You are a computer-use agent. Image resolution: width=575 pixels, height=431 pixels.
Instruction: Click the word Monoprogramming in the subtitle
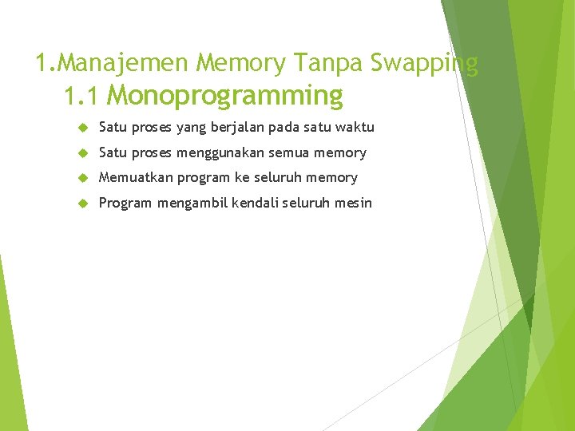[x=224, y=96]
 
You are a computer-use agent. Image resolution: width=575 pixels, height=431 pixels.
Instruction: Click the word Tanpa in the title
[x=327, y=62]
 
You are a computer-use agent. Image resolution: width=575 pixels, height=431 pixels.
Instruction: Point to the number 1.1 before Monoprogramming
[x=81, y=97]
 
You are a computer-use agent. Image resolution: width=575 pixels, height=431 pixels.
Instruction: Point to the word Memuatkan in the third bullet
[x=128, y=177]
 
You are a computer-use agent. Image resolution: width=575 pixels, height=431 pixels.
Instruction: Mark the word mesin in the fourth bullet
[x=353, y=203]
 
